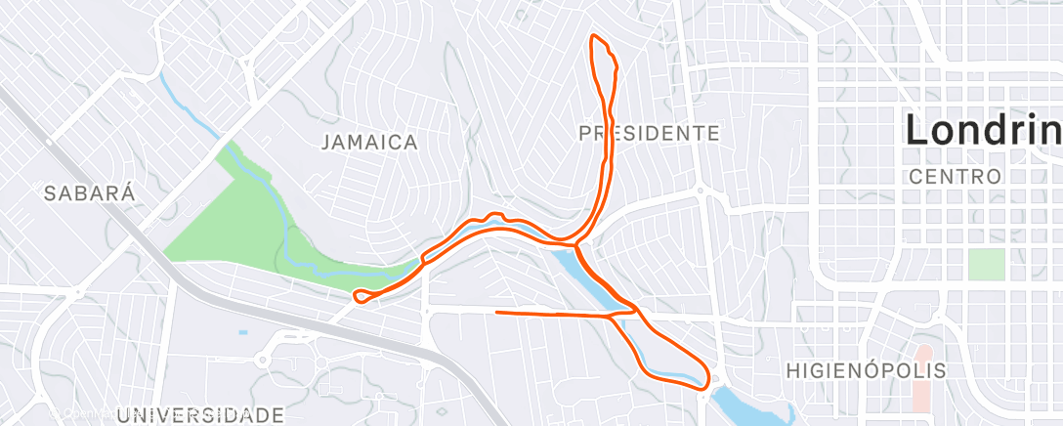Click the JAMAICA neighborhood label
pyautogui.click(x=369, y=143)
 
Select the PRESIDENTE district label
pyautogui.click(x=649, y=133)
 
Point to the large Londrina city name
pyautogui.click(x=983, y=130)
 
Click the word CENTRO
pyautogui.click(x=955, y=178)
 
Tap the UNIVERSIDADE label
pyautogui.click(x=200, y=415)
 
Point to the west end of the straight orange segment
pyautogui.click(x=498, y=313)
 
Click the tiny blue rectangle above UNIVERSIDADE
pyautogui.click(x=242, y=333)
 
